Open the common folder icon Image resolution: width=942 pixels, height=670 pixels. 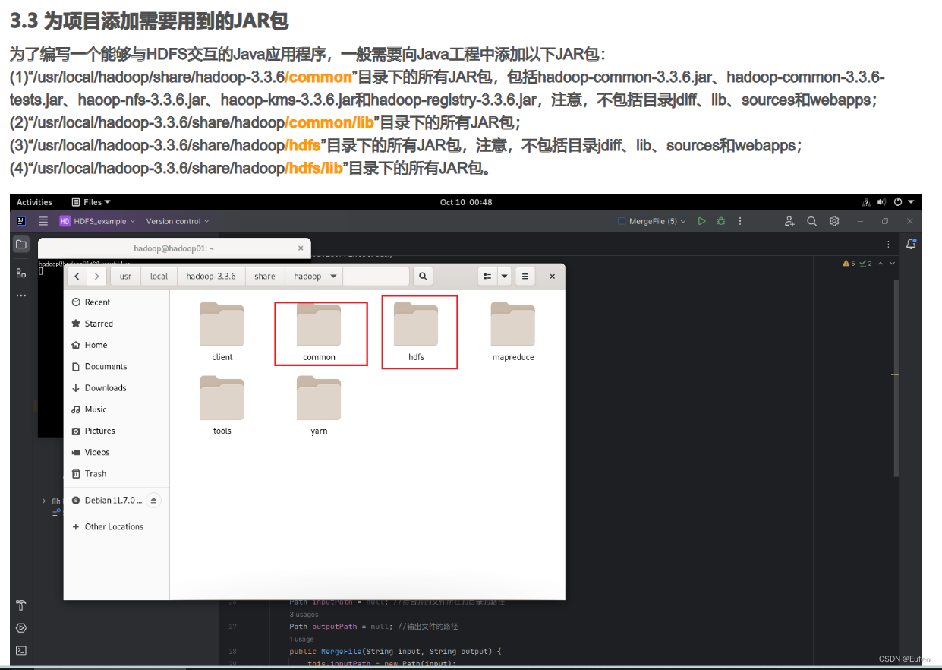[319, 325]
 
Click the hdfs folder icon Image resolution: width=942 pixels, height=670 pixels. [416, 325]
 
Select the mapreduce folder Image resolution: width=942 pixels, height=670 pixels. [513, 325]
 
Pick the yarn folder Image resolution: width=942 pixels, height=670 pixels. [319, 399]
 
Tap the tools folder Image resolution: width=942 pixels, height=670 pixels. [222, 399]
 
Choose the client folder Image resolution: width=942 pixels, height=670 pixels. [222, 325]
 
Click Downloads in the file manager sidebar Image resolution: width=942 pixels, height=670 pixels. [106, 388]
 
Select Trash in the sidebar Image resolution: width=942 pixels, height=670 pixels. [96, 474]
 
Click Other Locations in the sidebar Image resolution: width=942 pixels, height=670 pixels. [114, 527]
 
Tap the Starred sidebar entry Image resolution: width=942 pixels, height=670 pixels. [99, 324]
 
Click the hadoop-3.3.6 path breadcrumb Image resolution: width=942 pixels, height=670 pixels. [211, 277]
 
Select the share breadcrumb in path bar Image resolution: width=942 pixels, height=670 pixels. [265, 277]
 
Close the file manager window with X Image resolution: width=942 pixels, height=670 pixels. [552, 277]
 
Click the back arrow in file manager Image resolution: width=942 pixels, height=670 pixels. [77, 277]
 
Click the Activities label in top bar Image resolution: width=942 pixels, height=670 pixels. [34, 202]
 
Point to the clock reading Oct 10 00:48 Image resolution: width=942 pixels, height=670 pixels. [466, 202]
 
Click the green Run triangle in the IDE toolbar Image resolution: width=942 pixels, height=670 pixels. [701, 221]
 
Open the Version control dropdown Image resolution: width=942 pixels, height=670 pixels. [178, 221]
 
